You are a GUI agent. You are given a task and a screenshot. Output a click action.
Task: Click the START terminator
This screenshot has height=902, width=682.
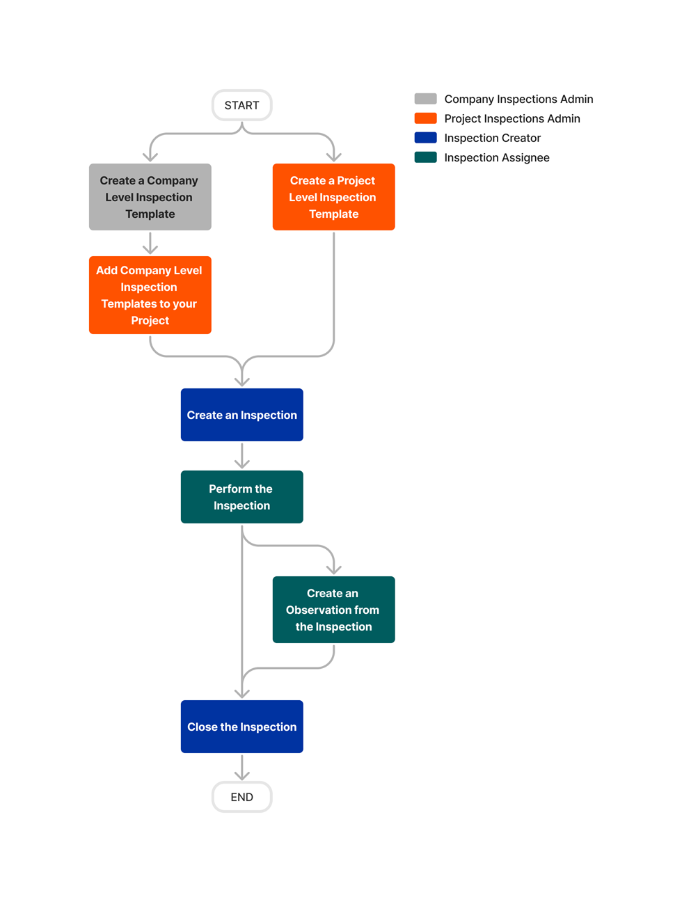click(x=241, y=105)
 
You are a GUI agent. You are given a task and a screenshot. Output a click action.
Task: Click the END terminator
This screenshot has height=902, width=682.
click(x=241, y=797)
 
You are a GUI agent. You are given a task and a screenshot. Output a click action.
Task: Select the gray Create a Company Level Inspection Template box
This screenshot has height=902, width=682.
click(x=150, y=197)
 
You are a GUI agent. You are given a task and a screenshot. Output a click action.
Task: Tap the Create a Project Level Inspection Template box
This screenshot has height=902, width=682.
click(x=333, y=197)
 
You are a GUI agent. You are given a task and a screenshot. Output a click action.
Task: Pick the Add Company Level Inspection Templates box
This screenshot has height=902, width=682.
click(x=150, y=295)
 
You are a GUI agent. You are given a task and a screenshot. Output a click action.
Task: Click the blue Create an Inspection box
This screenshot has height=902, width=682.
click(x=241, y=415)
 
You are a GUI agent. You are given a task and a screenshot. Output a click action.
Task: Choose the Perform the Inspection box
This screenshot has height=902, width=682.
click(x=241, y=497)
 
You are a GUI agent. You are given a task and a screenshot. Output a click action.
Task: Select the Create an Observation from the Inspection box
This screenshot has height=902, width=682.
click(x=333, y=610)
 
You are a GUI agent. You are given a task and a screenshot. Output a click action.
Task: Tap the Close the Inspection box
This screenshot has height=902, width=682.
click(x=241, y=727)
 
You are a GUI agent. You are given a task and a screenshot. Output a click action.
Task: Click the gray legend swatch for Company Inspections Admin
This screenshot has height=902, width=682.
click(x=425, y=99)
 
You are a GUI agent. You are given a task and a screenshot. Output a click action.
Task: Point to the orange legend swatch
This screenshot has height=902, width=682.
click(x=425, y=118)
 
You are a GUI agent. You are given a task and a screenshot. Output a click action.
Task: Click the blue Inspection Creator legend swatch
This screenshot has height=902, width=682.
click(x=425, y=138)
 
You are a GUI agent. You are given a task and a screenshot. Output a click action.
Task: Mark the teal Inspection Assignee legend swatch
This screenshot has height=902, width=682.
click(x=425, y=157)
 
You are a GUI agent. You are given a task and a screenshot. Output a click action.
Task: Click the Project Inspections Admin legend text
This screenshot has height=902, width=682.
click(x=511, y=118)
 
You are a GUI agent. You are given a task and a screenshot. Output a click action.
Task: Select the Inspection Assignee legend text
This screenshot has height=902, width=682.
click(x=496, y=157)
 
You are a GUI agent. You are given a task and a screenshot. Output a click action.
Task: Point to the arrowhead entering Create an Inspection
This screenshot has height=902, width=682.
click(x=241, y=381)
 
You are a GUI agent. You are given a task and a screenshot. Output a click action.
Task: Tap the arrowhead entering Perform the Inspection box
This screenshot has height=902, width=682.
click(x=241, y=464)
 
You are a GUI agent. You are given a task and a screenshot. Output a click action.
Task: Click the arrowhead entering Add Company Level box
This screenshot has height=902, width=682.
click(x=150, y=249)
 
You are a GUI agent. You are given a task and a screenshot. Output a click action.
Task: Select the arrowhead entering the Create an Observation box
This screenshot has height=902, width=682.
click(x=333, y=569)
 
